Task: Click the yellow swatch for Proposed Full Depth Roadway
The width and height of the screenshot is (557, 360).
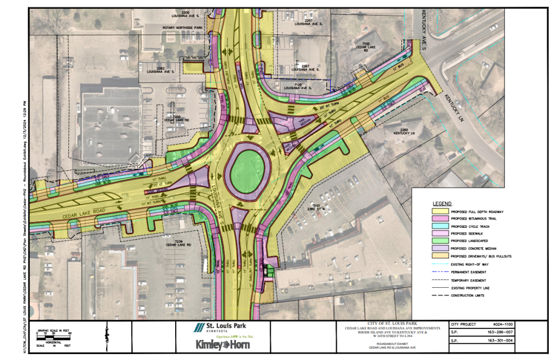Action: point(440,212)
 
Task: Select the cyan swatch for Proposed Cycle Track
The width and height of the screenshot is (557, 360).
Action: point(440,226)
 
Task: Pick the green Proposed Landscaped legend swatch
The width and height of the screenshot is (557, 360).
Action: point(440,240)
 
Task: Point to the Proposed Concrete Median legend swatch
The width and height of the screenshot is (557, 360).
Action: point(440,247)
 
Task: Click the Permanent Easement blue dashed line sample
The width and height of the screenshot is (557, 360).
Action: point(440,271)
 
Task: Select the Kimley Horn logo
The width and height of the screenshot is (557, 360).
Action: point(220,345)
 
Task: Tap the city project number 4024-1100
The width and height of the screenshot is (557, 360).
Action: point(500,324)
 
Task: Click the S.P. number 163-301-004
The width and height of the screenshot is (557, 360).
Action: point(500,342)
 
